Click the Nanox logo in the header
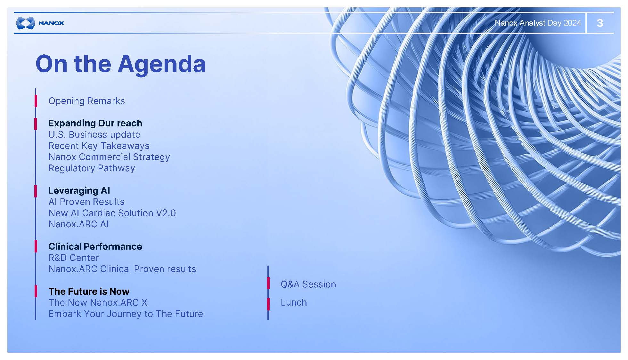[x=40, y=23]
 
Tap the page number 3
[x=600, y=23]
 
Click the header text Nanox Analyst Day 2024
[x=538, y=23]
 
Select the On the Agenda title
[x=120, y=64]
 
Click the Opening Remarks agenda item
[x=86, y=101]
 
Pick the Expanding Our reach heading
[x=95, y=123]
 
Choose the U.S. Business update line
[x=94, y=134]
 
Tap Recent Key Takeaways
[x=99, y=146]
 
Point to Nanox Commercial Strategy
[x=109, y=157]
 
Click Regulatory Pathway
[x=92, y=168]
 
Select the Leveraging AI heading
[x=79, y=190]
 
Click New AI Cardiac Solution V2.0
[x=112, y=213]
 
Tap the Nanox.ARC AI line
[x=78, y=224]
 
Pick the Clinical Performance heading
[x=95, y=246]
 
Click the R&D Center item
[x=74, y=258]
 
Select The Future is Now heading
[x=89, y=291]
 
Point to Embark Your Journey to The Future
[x=126, y=314]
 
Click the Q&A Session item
[x=308, y=284]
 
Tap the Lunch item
[x=294, y=302]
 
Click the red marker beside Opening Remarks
[x=36, y=101]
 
